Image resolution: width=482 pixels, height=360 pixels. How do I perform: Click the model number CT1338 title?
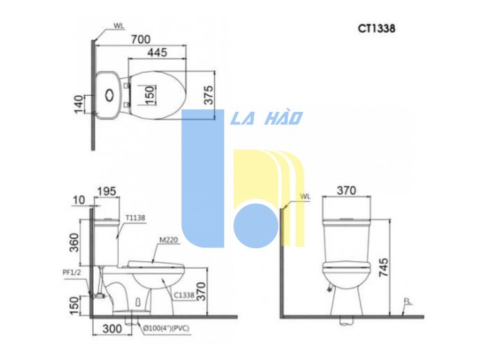pyautogui.click(x=377, y=28)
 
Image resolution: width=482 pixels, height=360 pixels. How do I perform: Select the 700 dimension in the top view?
pyautogui.click(x=141, y=39)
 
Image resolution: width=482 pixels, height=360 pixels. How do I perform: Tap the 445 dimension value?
pyautogui.click(x=157, y=53)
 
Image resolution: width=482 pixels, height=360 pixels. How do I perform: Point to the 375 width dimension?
pyautogui.click(x=208, y=95)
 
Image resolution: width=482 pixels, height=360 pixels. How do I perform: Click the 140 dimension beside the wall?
pyautogui.click(x=78, y=104)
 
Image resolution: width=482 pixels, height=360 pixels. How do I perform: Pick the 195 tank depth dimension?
pyautogui.click(x=107, y=192)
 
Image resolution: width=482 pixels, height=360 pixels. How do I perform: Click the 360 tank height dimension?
pyautogui.click(x=74, y=242)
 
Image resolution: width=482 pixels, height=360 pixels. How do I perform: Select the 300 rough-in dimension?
pyautogui.click(x=112, y=328)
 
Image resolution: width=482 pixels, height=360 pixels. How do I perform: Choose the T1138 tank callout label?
pyautogui.click(x=135, y=218)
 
